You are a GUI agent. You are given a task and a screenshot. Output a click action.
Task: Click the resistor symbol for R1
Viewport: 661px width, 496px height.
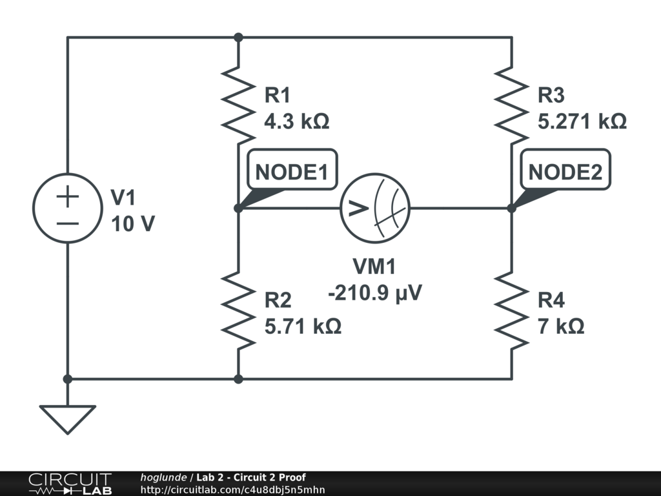point(238,103)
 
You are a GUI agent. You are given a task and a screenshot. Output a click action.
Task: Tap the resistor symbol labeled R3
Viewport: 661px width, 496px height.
point(512,103)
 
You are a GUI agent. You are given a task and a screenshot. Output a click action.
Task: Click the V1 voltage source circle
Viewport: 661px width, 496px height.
point(68,208)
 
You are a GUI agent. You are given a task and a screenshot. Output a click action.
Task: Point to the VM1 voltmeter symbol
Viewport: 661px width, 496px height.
point(375,208)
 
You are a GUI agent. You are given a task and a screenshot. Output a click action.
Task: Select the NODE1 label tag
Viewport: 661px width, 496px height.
point(292,172)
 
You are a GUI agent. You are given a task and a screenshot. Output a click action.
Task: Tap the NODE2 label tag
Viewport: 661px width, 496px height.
point(565,172)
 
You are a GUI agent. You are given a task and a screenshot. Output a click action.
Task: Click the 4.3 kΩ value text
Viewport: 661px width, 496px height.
point(297,121)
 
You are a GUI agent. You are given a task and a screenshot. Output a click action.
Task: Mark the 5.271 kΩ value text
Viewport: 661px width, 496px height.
point(582,121)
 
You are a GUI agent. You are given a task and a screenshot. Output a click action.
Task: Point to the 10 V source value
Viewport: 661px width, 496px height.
point(133,224)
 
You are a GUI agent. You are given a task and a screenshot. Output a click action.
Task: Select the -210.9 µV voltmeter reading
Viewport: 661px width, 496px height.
point(375,293)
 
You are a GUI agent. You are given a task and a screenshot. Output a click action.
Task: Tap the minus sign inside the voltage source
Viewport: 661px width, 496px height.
point(68,223)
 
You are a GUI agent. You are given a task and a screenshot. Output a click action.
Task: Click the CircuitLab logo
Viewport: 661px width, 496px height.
point(70,483)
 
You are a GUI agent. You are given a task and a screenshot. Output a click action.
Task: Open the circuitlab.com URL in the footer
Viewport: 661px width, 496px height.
point(232,490)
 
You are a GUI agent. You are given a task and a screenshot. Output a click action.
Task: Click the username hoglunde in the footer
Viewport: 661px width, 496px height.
point(163,477)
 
